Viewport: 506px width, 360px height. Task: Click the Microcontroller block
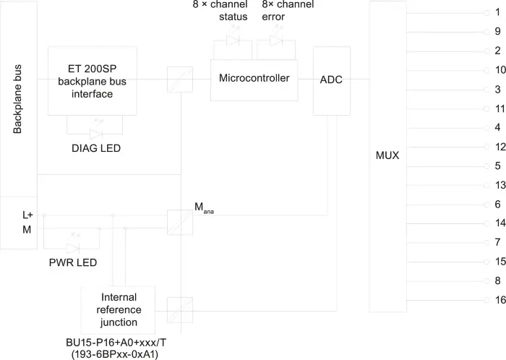(x=254, y=80)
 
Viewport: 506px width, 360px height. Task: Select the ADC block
(x=332, y=81)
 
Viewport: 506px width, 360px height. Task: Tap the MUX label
(x=387, y=155)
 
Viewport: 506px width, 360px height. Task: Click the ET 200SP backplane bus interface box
(x=93, y=81)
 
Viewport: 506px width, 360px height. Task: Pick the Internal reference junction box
(x=118, y=309)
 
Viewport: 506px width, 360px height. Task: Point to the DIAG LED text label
(x=96, y=148)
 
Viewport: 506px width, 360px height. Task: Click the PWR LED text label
(x=73, y=262)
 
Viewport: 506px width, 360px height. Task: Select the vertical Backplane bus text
(x=17, y=99)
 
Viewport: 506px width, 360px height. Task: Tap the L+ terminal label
(x=27, y=215)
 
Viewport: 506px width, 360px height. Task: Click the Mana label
(x=204, y=207)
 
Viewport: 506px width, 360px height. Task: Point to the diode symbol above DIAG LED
(x=96, y=134)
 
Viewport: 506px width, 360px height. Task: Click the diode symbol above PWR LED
(x=73, y=249)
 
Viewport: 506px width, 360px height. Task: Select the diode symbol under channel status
(x=233, y=40)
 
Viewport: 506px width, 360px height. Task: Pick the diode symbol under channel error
(x=276, y=40)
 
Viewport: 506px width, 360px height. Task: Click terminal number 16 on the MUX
(x=500, y=300)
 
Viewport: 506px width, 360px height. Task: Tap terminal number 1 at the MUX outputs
(x=497, y=12)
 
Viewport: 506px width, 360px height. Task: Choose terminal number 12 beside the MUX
(x=500, y=147)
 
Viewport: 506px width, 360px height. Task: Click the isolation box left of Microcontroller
(x=180, y=80)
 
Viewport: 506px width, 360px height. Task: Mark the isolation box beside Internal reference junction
(x=180, y=310)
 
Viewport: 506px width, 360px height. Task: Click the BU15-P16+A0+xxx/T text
(x=116, y=343)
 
